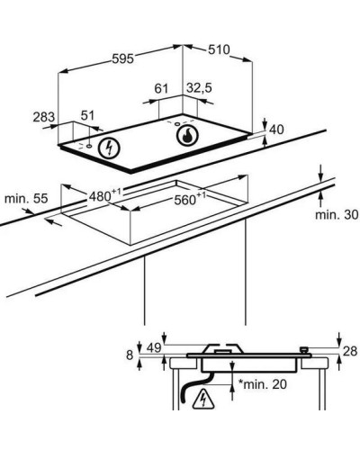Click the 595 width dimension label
tap(122, 58)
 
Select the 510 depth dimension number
tap(219, 49)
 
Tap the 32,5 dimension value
tap(199, 88)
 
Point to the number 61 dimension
tap(161, 88)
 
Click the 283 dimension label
tap(44, 117)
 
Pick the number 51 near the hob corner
tap(87, 115)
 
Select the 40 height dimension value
tap(276, 130)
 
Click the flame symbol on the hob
tap(187, 135)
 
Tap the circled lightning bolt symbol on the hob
tap(109, 148)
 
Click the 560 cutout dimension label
tap(190, 199)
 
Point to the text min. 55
tap(26, 198)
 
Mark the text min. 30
tap(337, 214)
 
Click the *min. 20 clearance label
tap(263, 384)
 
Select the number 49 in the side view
tap(154, 347)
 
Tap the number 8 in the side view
tap(130, 355)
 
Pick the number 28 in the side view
tap(350, 351)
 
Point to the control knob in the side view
tap(304, 350)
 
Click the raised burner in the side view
tap(223, 348)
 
